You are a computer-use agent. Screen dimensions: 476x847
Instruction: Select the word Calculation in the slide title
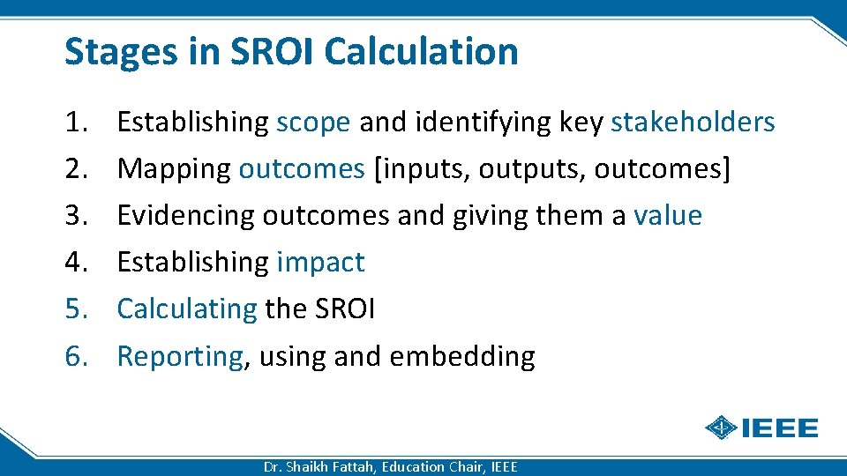[421, 51]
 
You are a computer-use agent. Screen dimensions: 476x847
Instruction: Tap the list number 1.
[75, 123]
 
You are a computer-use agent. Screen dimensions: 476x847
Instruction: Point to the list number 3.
[75, 216]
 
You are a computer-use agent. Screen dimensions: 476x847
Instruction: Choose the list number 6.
[75, 356]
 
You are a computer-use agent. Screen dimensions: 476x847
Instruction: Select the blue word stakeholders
[693, 123]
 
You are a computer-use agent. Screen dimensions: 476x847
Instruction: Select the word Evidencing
[186, 216]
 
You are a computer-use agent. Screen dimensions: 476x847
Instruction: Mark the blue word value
[668, 216]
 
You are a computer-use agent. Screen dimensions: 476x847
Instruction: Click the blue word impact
[320, 263]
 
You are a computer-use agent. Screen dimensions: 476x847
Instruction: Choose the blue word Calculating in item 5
[186, 309]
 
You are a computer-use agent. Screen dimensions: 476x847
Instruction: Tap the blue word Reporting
[179, 356]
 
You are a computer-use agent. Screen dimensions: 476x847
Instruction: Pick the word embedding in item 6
[461, 356]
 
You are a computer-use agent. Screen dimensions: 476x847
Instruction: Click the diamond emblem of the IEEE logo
[722, 428]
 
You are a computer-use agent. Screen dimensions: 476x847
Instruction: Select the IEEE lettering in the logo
[779, 428]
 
